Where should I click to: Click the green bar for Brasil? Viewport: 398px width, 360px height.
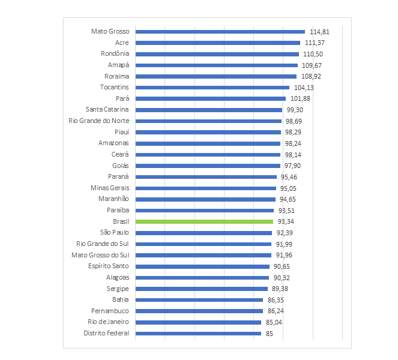tap(204, 221)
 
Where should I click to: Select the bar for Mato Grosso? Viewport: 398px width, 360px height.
tap(220, 32)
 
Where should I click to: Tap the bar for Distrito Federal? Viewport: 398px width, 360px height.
tap(198, 333)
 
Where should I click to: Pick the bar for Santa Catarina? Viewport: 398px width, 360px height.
tap(209, 110)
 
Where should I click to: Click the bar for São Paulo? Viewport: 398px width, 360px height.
tap(204, 233)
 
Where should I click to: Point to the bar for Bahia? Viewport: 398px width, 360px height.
tap(199, 299)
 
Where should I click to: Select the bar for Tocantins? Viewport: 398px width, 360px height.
tap(213, 87)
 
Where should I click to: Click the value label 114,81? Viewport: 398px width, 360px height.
tap(319, 32)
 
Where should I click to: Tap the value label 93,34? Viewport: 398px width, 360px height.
tap(286, 221)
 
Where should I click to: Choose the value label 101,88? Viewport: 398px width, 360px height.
tap(299, 99)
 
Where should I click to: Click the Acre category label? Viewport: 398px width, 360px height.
tap(122, 43)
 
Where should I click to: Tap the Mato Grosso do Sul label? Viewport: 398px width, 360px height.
tap(101, 255)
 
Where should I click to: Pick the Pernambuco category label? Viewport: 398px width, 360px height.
tap(110, 311)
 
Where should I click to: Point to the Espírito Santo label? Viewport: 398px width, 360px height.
tap(109, 266)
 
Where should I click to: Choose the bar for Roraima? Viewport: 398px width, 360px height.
tap(216, 76)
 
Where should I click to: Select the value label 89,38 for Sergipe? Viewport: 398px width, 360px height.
tap(281, 289)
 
